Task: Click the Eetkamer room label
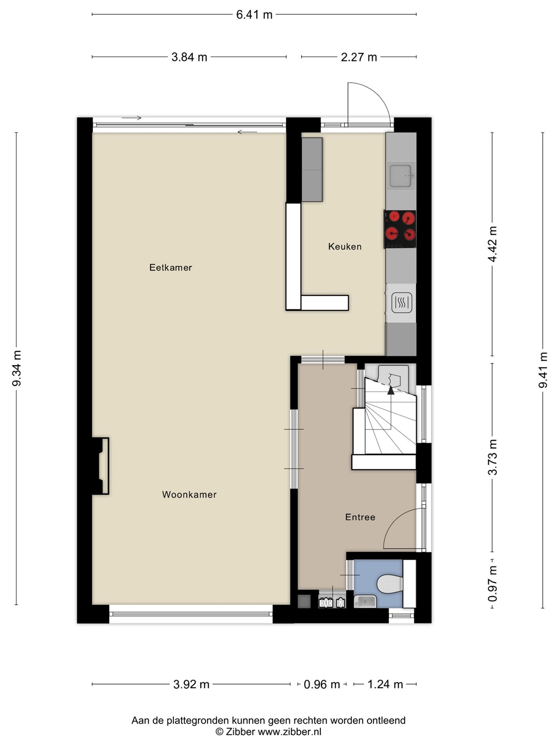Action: (x=171, y=267)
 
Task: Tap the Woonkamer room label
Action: (x=189, y=495)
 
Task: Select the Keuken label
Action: (x=345, y=246)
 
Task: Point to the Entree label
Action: (x=360, y=517)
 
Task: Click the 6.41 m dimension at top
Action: (x=254, y=14)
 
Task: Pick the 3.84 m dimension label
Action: (x=189, y=57)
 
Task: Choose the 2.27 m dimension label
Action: (x=359, y=57)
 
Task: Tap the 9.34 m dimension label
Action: (x=17, y=368)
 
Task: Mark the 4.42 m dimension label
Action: (x=492, y=244)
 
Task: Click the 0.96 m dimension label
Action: (x=322, y=684)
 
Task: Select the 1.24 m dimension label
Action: (x=385, y=684)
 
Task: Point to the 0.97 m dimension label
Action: (x=492, y=584)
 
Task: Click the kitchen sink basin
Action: (x=401, y=176)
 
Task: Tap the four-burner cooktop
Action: (x=400, y=229)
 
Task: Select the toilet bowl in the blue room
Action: (x=390, y=584)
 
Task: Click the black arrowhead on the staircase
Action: (x=391, y=391)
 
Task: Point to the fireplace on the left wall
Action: (x=100, y=466)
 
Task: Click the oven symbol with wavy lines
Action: (x=402, y=303)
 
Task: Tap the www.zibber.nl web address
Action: (x=289, y=732)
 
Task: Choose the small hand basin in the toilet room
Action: (x=365, y=601)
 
